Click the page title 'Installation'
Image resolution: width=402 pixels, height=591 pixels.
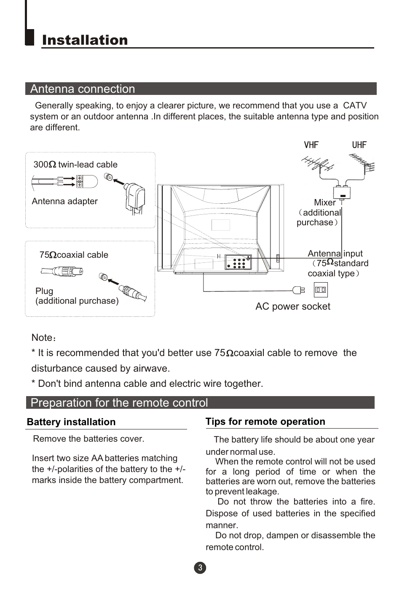85,40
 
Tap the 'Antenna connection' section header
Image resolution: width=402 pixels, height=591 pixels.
83,89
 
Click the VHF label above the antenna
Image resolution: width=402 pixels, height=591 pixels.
311,145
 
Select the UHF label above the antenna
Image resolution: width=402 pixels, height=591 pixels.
359,145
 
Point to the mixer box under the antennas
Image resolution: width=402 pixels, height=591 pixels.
342,193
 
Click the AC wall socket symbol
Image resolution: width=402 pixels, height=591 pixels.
321,290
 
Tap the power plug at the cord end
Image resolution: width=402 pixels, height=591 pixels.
299,290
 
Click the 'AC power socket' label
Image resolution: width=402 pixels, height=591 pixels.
292,307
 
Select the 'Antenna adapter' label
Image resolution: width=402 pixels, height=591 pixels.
64,202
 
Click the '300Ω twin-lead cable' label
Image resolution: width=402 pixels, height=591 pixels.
75,165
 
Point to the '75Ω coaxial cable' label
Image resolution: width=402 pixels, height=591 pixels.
74,255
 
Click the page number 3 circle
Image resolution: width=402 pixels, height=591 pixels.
200,568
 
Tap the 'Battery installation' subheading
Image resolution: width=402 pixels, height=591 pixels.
71,422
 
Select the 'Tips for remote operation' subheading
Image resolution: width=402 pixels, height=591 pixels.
265,422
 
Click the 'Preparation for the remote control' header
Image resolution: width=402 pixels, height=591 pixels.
119,403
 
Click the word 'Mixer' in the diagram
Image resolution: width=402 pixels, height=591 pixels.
324,203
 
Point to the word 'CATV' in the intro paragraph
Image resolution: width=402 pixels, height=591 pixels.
354,106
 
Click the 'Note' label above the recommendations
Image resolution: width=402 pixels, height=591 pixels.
42,338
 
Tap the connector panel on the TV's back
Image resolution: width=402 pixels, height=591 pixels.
238,262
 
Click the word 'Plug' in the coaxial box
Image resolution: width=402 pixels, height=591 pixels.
44,291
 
